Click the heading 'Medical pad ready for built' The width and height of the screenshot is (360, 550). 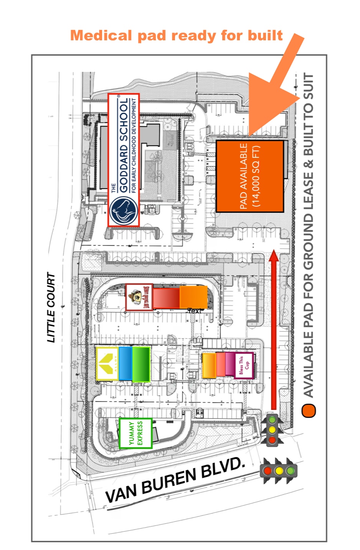(176, 36)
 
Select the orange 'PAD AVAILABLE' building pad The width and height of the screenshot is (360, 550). (250, 176)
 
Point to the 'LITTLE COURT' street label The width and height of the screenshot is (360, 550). (51, 307)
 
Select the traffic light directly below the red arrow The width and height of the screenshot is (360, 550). (272, 429)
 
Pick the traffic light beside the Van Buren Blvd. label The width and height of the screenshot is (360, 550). (279, 470)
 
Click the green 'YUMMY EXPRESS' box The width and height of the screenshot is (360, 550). (135, 433)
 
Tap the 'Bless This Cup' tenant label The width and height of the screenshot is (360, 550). (244, 365)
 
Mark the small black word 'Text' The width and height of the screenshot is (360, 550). (195, 311)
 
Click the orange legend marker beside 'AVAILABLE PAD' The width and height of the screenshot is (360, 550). (309, 411)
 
